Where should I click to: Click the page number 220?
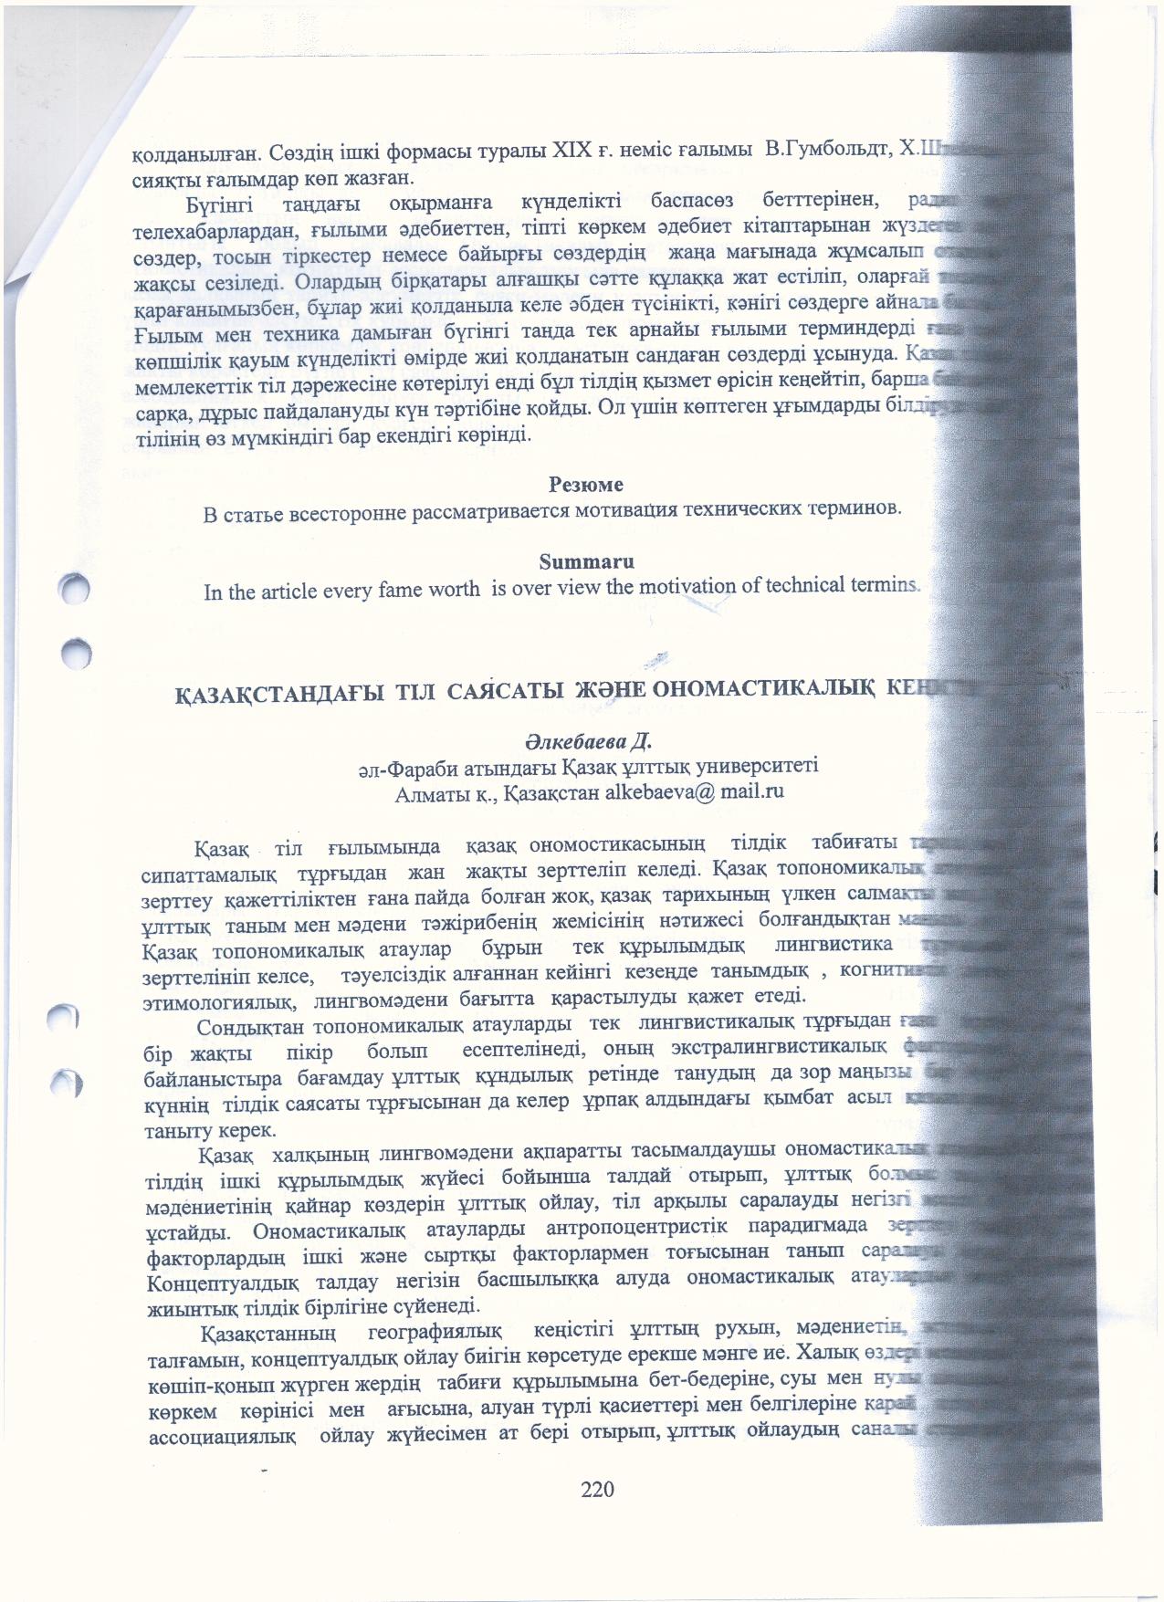(598, 1490)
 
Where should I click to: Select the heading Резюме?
(586, 484)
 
